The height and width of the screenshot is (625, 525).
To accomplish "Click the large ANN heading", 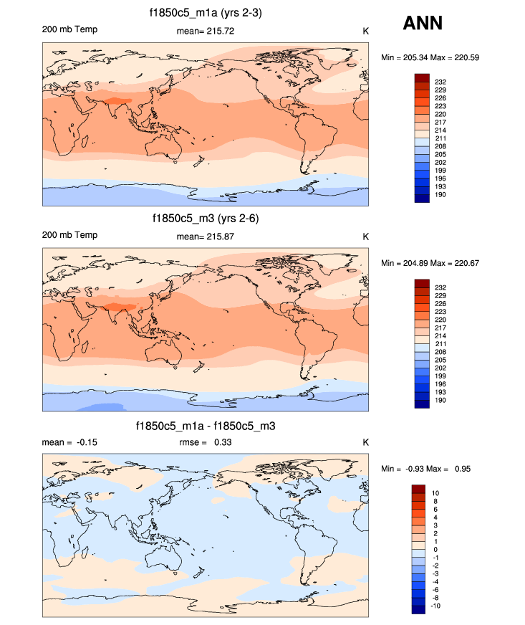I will tap(423, 23).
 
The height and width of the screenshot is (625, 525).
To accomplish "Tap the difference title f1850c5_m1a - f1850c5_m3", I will tap(206, 426).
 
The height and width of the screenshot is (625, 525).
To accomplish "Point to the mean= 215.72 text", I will tap(205, 31).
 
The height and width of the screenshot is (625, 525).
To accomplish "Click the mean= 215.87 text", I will tap(205, 237).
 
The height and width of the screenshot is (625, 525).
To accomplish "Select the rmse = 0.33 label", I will tap(205, 442).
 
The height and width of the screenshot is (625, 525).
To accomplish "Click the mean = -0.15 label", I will tap(69, 442).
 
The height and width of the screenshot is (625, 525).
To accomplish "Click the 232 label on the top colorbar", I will tap(440, 82).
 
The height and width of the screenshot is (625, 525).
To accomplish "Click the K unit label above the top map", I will tap(365, 31).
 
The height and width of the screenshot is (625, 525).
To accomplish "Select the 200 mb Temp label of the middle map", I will tap(69, 236).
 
